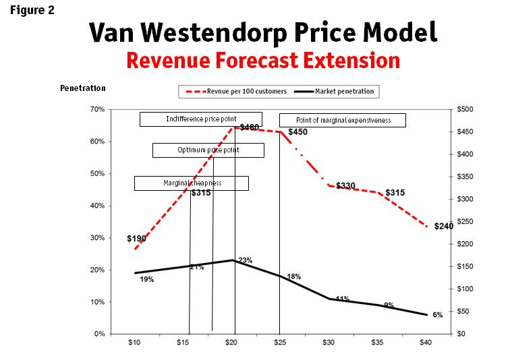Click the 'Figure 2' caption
[32, 10]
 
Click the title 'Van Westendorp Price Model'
[264, 32]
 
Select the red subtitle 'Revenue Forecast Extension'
[263, 61]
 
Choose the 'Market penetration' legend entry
[345, 91]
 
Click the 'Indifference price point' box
[201, 119]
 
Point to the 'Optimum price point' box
[208, 150]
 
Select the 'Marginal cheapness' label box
[192, 183]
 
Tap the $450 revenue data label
[297, 132]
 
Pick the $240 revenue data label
[443, 227]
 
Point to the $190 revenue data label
[136, 239]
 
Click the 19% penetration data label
[146, 279]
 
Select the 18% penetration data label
[293, 276]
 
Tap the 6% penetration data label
[437, 315]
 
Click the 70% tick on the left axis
[96, 109]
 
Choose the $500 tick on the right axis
[465, 109]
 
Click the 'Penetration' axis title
[82, 88]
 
